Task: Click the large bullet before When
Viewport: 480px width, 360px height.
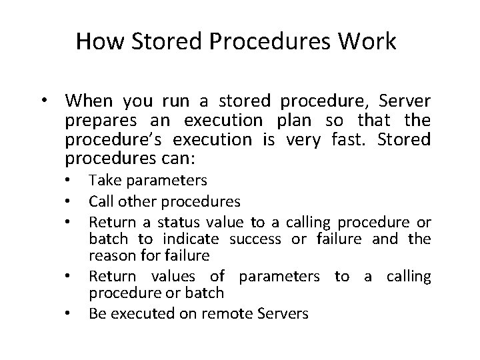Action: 43,101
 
